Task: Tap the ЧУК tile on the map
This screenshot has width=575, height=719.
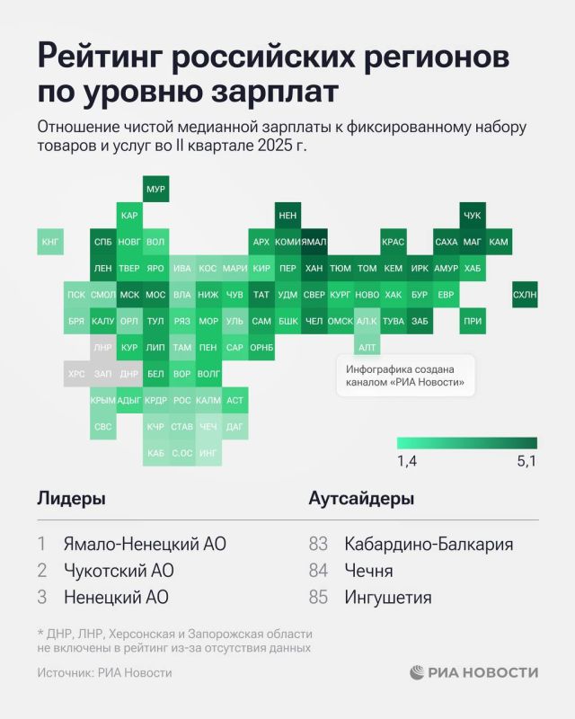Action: click(473, 217)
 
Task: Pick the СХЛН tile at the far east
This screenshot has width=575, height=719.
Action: click(525, 295)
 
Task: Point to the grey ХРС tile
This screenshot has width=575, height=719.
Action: click(77, 373)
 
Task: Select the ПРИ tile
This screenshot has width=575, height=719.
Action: click(473, 321)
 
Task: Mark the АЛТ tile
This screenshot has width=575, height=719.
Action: click(367, 347)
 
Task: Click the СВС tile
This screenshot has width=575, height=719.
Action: click(103, 426)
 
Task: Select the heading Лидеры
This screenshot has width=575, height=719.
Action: click(72, 499)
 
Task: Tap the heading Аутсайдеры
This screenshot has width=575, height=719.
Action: click(361, 499)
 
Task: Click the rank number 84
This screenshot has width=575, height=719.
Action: click(319, 571)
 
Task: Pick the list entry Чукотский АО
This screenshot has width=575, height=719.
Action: click(118, 571)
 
